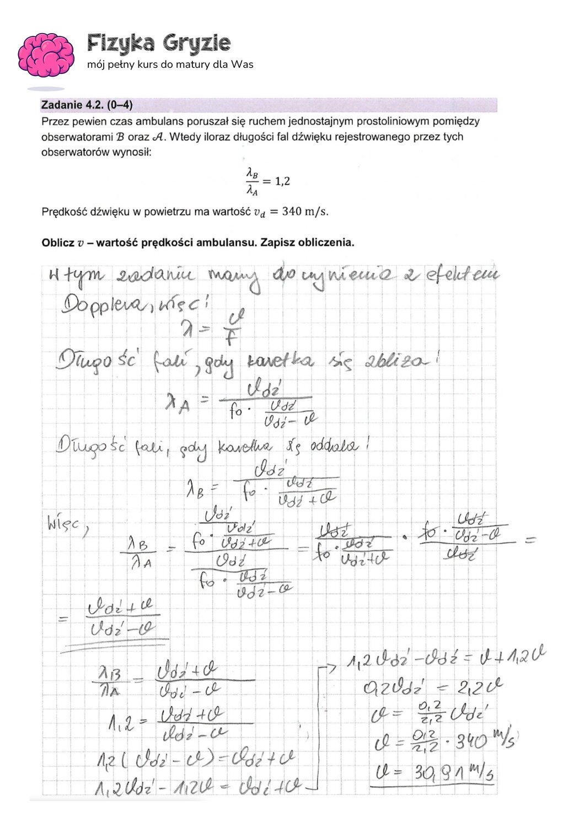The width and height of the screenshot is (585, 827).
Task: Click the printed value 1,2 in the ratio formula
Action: click(x=282, y=181)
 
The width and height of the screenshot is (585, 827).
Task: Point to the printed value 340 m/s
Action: click(x=305, y=212)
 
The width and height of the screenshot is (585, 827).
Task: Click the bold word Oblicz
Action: click(x=58, y=243)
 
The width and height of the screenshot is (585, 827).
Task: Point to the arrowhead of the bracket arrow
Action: click(x=332, y=669)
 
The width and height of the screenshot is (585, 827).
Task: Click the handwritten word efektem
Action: click(x=462, y=275)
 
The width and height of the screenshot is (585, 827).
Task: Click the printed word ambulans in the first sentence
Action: click(x=155, y=121)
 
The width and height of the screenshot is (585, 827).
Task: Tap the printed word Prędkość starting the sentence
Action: click(x=63, y=212)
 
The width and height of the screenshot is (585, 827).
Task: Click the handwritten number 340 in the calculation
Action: click(x=470, y=743)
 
